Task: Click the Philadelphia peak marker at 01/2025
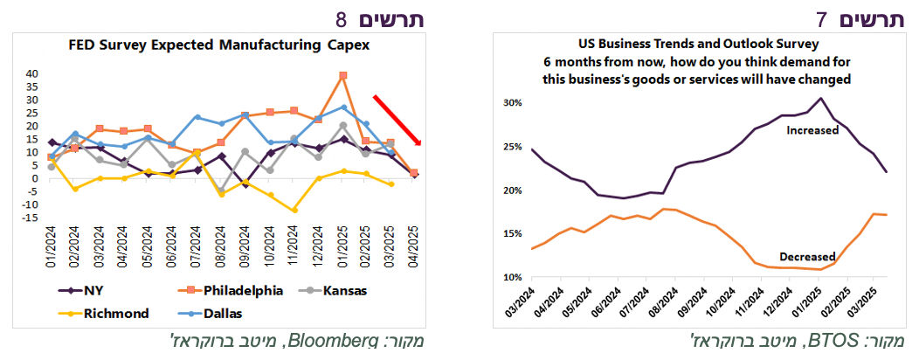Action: pyautogui.click(x=343, y=76)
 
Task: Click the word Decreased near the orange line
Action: pyautogui.click(x=805, y=257)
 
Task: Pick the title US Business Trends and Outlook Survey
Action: pyautogui.click(x=696, y=44)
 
